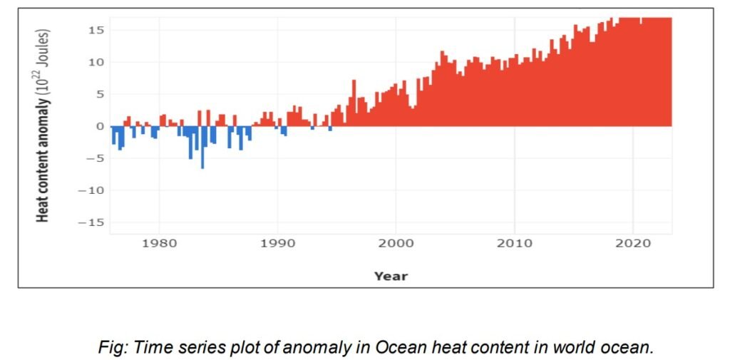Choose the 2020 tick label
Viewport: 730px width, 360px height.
[x=632, y=244]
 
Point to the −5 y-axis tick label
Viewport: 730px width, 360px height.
[x=96, y=158]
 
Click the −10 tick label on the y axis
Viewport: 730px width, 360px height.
[x=92, y=190]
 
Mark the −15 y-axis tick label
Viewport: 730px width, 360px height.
[x=92, y=222]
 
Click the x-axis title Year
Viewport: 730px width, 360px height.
[x=391, y=276]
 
